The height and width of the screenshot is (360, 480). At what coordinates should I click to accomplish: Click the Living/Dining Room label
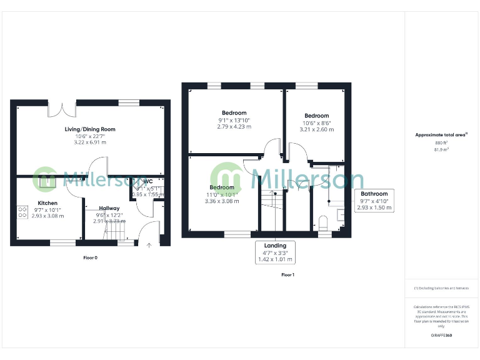coord(90,129)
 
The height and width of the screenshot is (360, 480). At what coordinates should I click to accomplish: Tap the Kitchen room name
coord(47,203)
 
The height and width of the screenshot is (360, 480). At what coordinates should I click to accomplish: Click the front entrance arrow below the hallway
coord(149,246)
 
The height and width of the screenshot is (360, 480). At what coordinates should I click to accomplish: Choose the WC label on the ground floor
coord(147,181)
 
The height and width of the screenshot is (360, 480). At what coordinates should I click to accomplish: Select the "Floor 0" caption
coord(91,257)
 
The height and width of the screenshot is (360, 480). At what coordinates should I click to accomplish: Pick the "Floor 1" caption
coord(287,275)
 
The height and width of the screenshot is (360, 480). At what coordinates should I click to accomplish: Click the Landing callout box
coord(275,252)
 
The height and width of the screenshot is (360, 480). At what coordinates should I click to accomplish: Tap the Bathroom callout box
coord(375,200)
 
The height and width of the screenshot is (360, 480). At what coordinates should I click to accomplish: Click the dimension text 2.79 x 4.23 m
coord(234,127)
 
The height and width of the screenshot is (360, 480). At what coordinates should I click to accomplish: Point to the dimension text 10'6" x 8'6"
coord(317,122)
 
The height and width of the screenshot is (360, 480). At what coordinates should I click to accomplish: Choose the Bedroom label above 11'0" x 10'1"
coord(222,187)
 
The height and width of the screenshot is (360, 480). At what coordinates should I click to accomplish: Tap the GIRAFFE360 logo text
coord(441,336)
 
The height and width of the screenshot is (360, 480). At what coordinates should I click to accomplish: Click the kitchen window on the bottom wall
coord(62,241)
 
